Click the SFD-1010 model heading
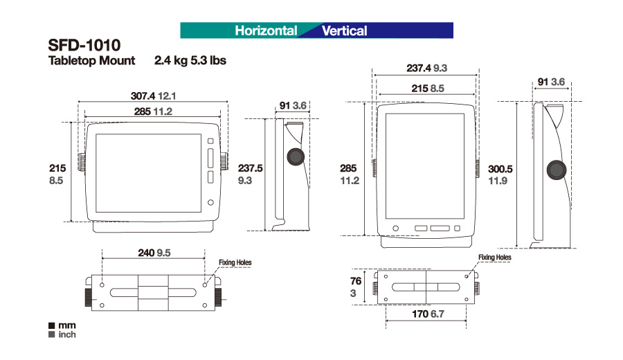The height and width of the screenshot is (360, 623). click(84, 45)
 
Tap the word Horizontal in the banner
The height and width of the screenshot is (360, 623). click(266, 30)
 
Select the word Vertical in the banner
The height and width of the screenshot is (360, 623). click(344, 30)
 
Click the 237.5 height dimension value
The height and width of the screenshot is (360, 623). click(251, 168)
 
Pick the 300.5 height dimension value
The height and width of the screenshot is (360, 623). click(500, 170)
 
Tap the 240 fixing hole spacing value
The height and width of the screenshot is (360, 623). click(146, 253)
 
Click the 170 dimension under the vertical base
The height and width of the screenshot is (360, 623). click(420, 314)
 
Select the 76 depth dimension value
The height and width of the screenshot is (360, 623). click(356, 281)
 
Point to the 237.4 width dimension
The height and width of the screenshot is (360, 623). click(419, 69)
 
